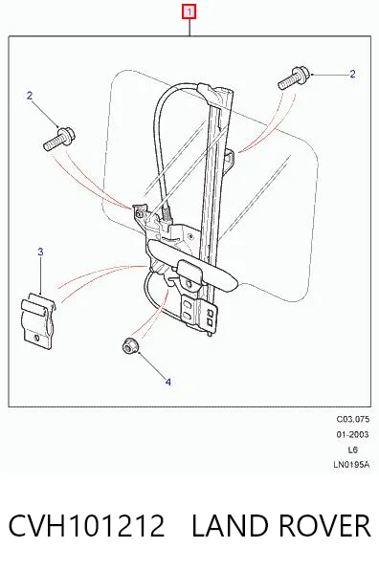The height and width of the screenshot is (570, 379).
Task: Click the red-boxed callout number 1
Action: [189, 12]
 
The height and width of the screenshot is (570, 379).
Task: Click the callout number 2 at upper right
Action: [352, 75]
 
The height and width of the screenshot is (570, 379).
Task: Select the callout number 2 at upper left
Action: [30, 96]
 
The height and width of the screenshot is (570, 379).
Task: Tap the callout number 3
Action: [40, 252]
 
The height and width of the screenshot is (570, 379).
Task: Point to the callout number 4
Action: [168, 382]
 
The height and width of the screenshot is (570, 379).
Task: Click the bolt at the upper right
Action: [294, 78]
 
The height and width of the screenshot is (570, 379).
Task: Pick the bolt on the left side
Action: [59, 139]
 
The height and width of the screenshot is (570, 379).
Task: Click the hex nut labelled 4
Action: [129, 345]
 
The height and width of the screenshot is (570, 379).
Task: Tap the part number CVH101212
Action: [86, 526]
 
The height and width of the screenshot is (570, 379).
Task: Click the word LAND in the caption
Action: [229, 526]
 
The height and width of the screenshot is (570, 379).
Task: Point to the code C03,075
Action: [352, 419]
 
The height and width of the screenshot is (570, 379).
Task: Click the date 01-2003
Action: [352, 434]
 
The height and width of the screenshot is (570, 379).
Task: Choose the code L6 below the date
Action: [353, 449]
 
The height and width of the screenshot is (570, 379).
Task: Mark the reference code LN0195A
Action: [351, 465]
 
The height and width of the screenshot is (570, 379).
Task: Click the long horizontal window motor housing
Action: [191, 265]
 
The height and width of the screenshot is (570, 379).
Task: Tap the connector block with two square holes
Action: [199, 311]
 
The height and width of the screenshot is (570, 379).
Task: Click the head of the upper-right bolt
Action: [303, 75]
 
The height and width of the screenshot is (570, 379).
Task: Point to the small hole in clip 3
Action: [36, 338]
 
